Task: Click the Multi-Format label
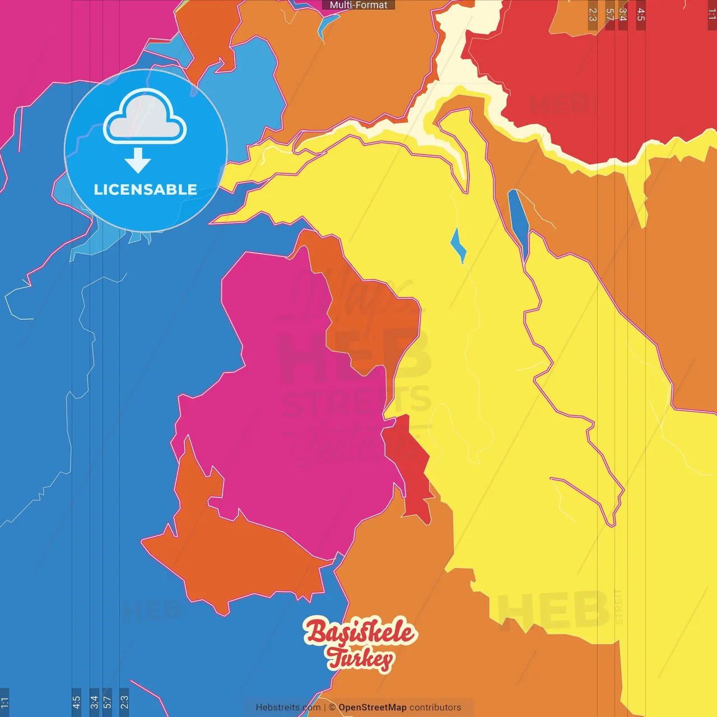point(358,5)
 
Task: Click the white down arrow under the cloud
point(138,161)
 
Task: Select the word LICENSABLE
point(145,190)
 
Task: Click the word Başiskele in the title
point(360,632)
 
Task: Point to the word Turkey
point(361,658)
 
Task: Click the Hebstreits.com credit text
point(288,707)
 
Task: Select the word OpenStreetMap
point(372,707)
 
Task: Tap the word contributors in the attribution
point(435,707)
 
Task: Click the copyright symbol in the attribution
point(332,707)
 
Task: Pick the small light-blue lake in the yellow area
point(458,245)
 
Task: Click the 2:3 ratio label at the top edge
point(593,15)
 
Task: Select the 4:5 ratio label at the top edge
point(641,15)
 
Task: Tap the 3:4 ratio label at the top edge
point(622,15)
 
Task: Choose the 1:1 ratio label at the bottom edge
point(4,702)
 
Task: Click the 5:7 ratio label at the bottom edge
point(107,702)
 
